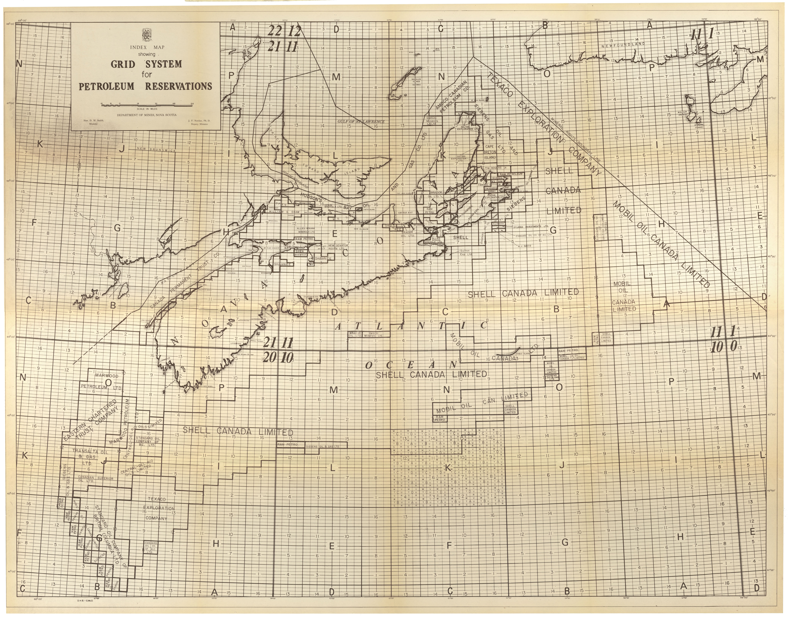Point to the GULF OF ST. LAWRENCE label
point(361,122)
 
